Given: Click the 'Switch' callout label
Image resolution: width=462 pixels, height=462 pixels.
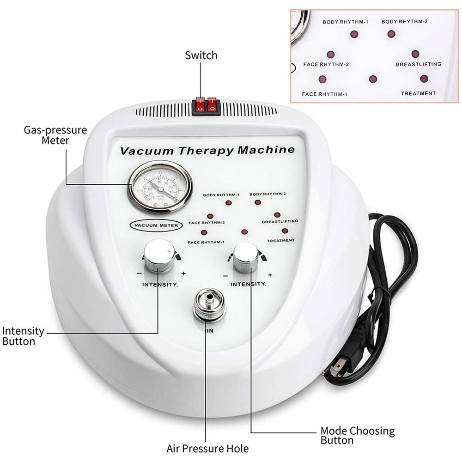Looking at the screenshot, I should pos(201,55).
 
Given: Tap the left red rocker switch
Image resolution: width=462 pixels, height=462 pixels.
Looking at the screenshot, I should pos(200,106).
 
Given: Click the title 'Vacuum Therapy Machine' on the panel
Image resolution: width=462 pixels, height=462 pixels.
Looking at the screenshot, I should pos(207,150).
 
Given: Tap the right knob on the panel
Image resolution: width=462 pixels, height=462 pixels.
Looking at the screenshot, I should pos(246,259).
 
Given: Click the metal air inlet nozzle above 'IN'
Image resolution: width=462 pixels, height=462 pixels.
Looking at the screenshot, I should pos(209,305).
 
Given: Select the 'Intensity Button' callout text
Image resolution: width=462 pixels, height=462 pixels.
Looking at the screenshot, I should pos(24,336).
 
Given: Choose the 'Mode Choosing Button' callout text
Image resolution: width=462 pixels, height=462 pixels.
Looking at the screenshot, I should pos(358,436).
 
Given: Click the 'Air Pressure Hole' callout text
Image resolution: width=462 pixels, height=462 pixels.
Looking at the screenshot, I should pos(207,448).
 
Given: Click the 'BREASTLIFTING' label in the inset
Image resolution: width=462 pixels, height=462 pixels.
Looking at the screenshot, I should pos(418,64).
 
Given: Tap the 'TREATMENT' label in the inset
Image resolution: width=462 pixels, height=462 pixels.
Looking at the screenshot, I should pos(418,93).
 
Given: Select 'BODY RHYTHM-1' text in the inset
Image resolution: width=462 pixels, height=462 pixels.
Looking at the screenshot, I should pos(345,22).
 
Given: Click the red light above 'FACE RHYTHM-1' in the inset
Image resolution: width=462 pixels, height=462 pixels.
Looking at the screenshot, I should pos(322,79).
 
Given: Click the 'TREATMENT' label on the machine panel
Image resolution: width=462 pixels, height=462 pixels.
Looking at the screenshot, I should pos(281,240).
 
